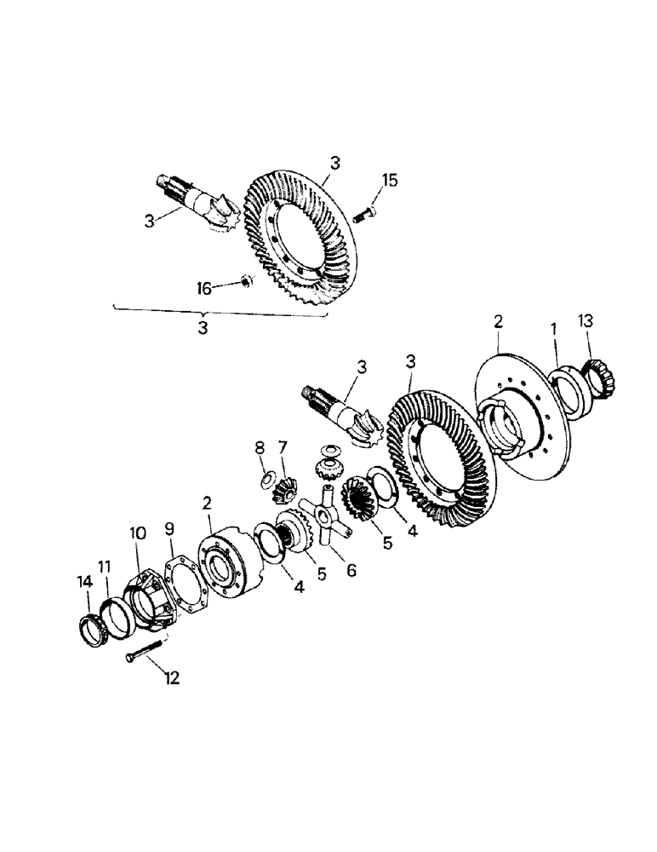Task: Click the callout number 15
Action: tap(389, 180)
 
